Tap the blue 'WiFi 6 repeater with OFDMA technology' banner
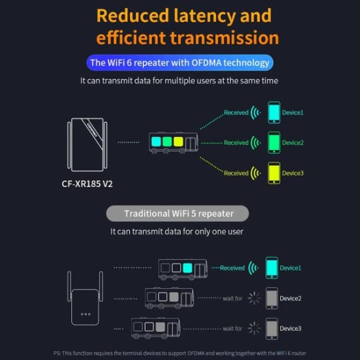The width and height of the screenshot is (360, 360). coord(179,63)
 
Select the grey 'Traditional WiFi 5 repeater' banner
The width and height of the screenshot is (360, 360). coord(178,213)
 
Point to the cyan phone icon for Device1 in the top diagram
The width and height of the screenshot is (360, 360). coord(274,113)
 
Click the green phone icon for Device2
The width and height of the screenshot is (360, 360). coord(274,142)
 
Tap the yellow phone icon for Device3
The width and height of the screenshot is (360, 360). coord(274,173)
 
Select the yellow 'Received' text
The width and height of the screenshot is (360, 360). coord(236,173)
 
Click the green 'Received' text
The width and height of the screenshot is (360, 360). coord(236,143)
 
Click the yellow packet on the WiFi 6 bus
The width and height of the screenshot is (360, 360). coord(178,140)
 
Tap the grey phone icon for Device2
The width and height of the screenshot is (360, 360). coord(272,298)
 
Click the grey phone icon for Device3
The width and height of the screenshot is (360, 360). coord(272,328)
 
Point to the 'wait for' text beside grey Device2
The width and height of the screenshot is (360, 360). coord(232,299)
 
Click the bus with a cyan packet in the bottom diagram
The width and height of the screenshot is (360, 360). coord(182,268)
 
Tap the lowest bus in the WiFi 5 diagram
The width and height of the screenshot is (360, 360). coord(155,328)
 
